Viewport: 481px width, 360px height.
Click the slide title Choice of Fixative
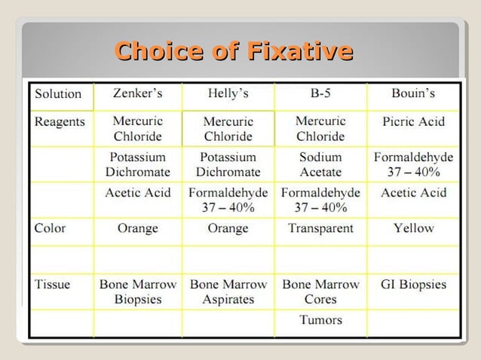[234, 51]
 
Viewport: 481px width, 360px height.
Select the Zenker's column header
[137, 94]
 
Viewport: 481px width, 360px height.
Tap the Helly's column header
[228, 94]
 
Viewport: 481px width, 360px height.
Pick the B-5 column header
[320, 94]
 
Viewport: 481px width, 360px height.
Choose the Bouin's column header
[413, 94]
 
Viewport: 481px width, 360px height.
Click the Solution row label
[58, 94]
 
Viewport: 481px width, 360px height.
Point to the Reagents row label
[60, 121]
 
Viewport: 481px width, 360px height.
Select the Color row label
[50, 228]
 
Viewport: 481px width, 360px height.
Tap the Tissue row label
[53, 285]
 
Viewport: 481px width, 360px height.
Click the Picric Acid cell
[413, 121]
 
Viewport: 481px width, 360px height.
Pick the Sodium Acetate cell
[320, 164]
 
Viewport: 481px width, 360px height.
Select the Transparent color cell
[320, 228]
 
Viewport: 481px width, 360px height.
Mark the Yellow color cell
[413, 228]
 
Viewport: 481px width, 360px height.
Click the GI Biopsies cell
[413, 285]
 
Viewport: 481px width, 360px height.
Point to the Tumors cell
[320, 320]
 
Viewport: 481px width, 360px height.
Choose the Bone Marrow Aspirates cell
[228, 291]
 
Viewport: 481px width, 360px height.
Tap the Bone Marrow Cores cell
[320, 291]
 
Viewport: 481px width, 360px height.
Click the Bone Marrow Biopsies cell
[137, 291]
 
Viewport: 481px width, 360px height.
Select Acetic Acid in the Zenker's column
[137, 193]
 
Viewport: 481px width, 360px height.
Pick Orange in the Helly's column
[228, 228]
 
